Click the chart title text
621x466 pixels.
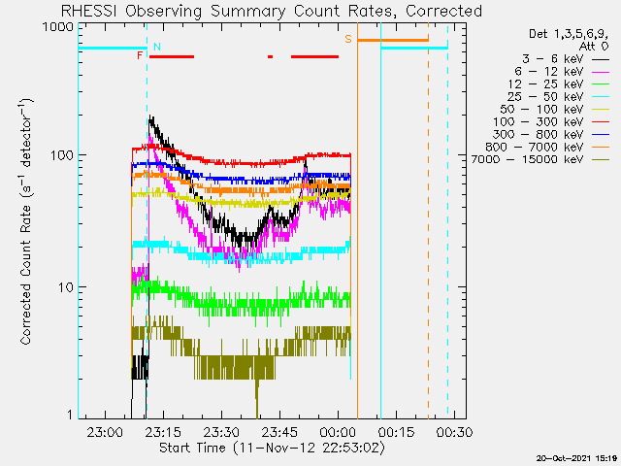tap(272, 11)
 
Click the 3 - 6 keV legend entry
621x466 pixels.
tap(566, 59)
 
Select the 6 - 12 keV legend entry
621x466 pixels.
tap(562, 72)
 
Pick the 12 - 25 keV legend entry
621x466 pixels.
tap(559, 84)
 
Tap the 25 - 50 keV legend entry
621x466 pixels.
tap(559, 97)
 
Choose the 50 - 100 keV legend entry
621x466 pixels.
tap(554, 110)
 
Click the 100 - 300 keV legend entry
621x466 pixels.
tap(551, 122)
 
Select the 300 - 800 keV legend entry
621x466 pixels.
tap(551, 135)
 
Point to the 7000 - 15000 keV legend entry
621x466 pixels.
tap(540, 159)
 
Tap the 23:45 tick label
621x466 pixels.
tap(279, 432)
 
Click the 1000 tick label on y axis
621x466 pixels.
tap(58, 27)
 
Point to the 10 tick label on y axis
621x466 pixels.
tap(65, 287)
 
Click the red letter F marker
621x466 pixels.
tap(140, 55)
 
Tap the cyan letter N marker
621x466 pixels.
tap(157, 47)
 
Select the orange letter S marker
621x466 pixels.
tap(348, 39)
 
